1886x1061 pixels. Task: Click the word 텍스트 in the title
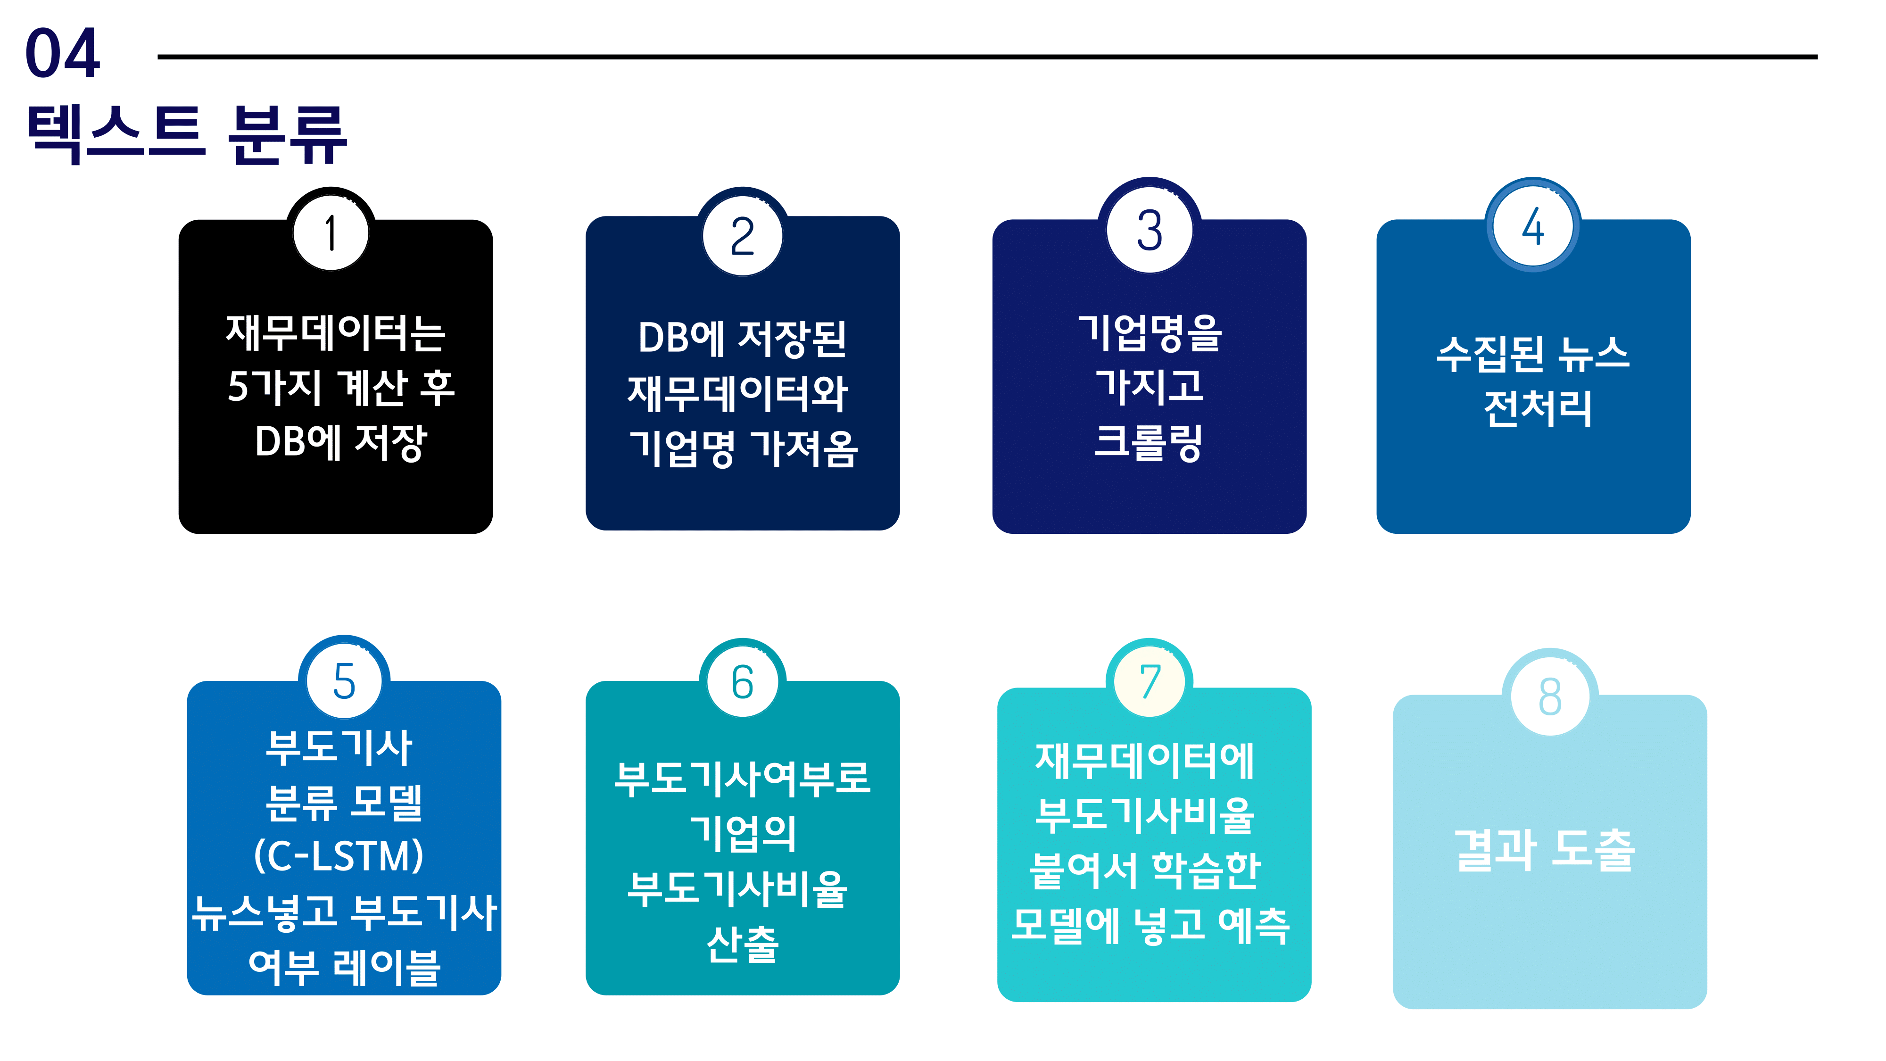pos(116,133)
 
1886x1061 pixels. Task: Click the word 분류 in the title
pos(287,133)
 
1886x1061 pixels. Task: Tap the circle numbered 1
pos(331,233)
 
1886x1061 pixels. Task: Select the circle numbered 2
pos(743,236)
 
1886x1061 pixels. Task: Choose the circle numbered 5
pos(344,681)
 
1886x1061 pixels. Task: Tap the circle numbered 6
pos(743,682)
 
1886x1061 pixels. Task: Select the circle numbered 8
pos(1550,696)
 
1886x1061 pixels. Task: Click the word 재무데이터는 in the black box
pos(335,333)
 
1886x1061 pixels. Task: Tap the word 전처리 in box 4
pos(1538,408)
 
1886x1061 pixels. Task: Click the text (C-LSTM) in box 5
pos(339,855)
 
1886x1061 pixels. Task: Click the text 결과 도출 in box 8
pos(1545,851)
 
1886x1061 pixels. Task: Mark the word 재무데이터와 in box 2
pos(738,393)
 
